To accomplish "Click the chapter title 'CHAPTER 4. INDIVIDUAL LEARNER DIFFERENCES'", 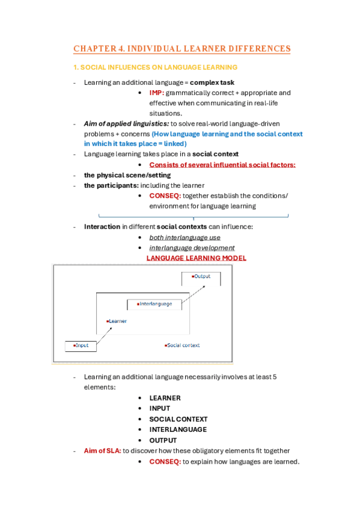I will [x=182, y=49].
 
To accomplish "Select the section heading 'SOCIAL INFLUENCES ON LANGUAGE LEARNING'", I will [x=155, y=67].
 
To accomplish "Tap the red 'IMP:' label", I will [x=157, y=93].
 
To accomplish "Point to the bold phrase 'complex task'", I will [x=212, y=82].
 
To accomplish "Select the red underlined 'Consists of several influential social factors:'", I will [x=222, y=165].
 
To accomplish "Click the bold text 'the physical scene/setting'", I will [x=127, y=175].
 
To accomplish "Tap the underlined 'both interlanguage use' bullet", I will [x=185, y=238].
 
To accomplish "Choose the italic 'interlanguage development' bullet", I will [x=192, y=248].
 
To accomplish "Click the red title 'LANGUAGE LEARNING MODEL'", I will [x=197, y=258].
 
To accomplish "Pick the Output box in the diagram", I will [x=201, y=277].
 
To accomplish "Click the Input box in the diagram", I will [x=81, y=346].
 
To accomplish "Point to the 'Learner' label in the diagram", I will [x=117, y=322].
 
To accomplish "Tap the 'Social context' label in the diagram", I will [x=182, y=346].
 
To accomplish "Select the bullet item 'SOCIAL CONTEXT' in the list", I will [x=178, y=419].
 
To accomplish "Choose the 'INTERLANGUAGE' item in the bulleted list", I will [x=178, y=429].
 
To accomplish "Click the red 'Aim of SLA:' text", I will [x=103, y=450].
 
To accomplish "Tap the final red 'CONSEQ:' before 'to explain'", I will [x=165, y=461].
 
